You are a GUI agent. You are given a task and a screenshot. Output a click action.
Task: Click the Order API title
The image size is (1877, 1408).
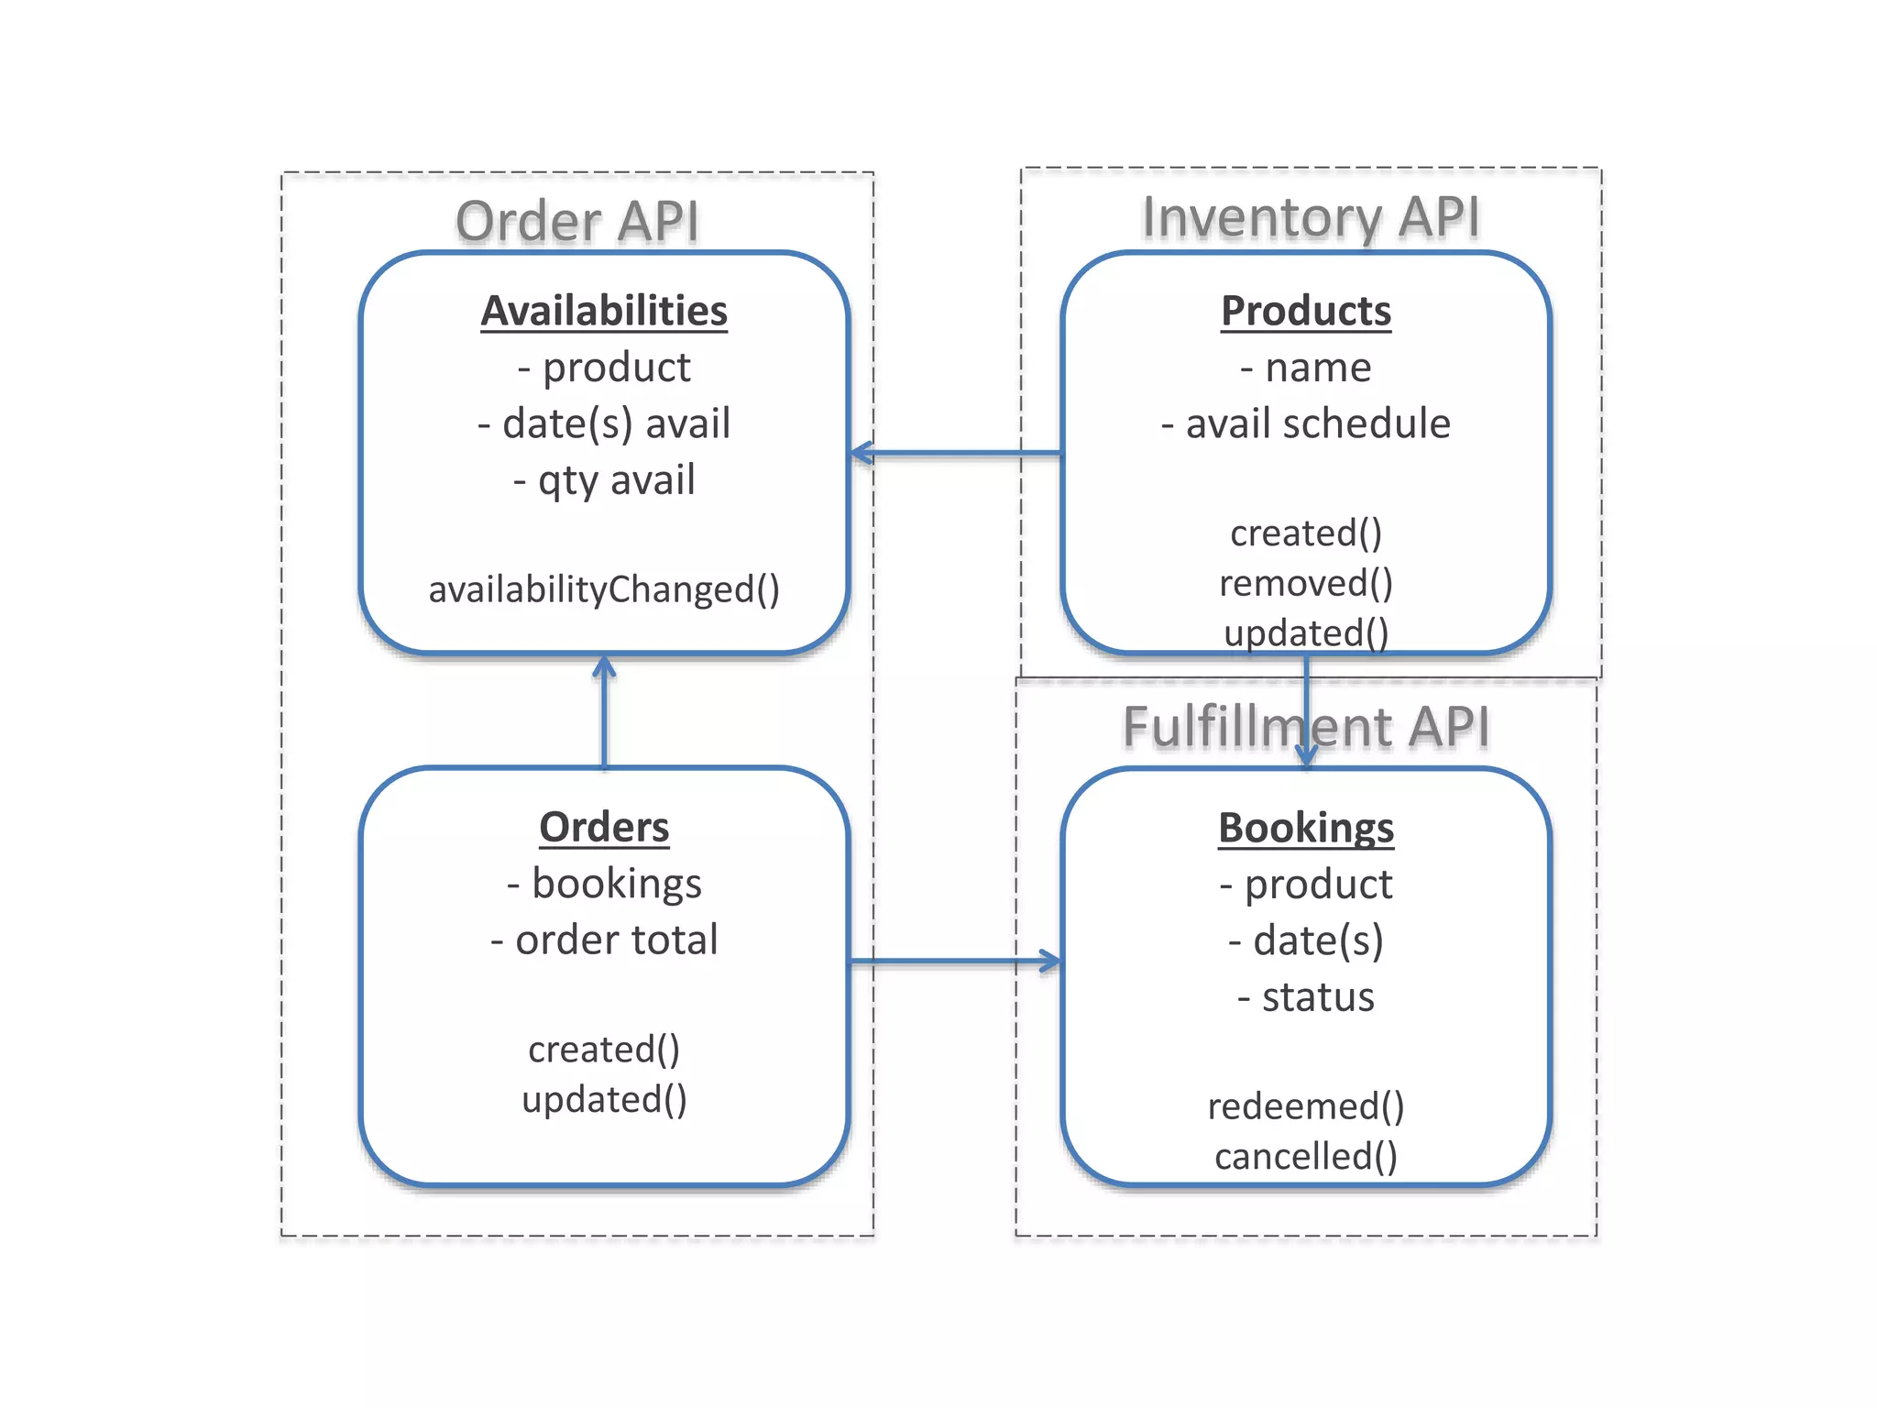point(577,222)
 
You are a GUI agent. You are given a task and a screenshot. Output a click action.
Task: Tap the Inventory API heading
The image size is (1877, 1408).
point(1311,217)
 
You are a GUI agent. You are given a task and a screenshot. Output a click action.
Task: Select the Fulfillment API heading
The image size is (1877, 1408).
point(1305,727)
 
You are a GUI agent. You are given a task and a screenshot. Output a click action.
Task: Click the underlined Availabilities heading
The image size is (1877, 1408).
point(604,311)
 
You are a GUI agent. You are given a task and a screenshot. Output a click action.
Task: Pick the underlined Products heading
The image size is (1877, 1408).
point(1306,311)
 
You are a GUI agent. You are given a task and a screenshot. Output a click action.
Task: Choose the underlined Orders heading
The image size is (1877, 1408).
point(604,827)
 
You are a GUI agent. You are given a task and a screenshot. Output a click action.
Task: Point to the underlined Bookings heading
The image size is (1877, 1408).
point(1306,828)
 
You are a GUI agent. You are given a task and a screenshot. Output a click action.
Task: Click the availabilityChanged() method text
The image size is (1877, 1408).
point(604,589)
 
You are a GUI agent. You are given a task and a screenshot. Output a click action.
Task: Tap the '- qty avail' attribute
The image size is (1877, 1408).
point(604,480)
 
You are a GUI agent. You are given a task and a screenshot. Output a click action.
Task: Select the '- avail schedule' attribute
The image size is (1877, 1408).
point(1306,424)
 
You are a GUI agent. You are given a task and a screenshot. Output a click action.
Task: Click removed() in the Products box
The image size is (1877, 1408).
point(1306,583)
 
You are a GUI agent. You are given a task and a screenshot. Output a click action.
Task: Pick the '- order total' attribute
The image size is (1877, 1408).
point(604,940)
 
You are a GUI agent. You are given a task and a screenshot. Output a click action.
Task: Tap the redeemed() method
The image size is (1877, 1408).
point(1306,1106)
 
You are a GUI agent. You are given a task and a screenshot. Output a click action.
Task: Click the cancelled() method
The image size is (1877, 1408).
point(1306,1156)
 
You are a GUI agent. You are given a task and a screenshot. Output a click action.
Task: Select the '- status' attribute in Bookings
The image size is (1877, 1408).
point(1306,997)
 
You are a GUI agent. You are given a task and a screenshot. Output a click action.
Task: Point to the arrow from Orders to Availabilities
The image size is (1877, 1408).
point(604,711)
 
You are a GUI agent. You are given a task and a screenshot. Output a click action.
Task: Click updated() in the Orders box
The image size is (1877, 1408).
point(604,1099)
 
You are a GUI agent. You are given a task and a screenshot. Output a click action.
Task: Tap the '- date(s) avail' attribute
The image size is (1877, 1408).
point(604,424)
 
